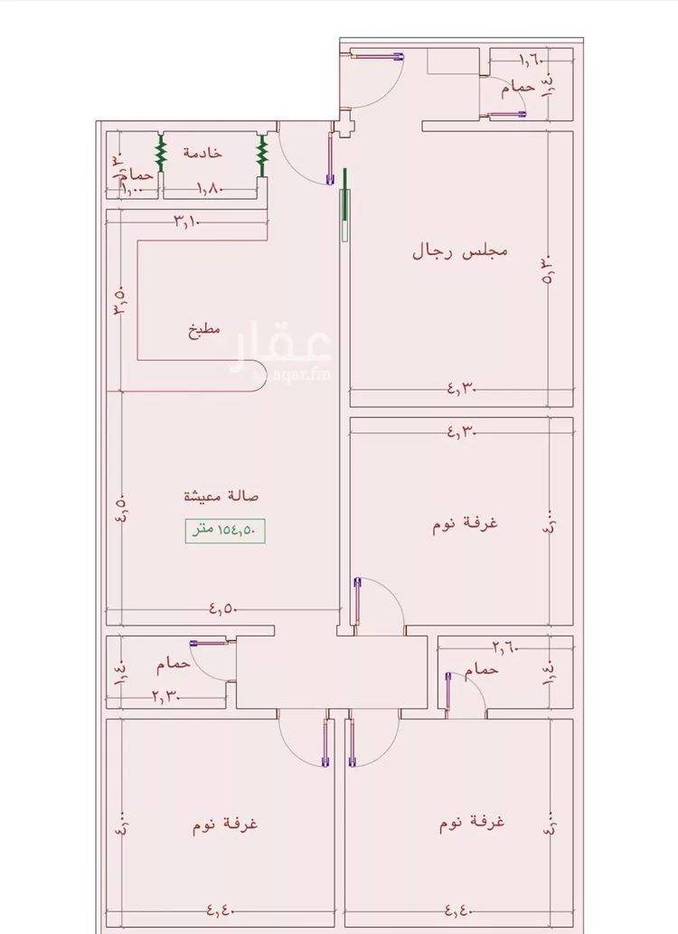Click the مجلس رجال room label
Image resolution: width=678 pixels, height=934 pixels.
[459, 250]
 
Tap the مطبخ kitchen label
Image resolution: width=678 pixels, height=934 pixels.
[204, 330]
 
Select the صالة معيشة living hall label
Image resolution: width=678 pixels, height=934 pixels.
[221, 495]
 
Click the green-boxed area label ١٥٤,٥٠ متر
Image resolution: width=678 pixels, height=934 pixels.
[225, 531]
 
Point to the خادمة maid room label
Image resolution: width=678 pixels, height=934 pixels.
[202, 153]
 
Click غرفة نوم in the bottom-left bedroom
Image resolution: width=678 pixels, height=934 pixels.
[226, 825]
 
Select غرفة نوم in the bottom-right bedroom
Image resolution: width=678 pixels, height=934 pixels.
[472, 823]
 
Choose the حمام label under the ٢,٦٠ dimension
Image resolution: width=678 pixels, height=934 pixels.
[482, 670]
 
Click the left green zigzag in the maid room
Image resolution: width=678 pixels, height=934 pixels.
[161, 154]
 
